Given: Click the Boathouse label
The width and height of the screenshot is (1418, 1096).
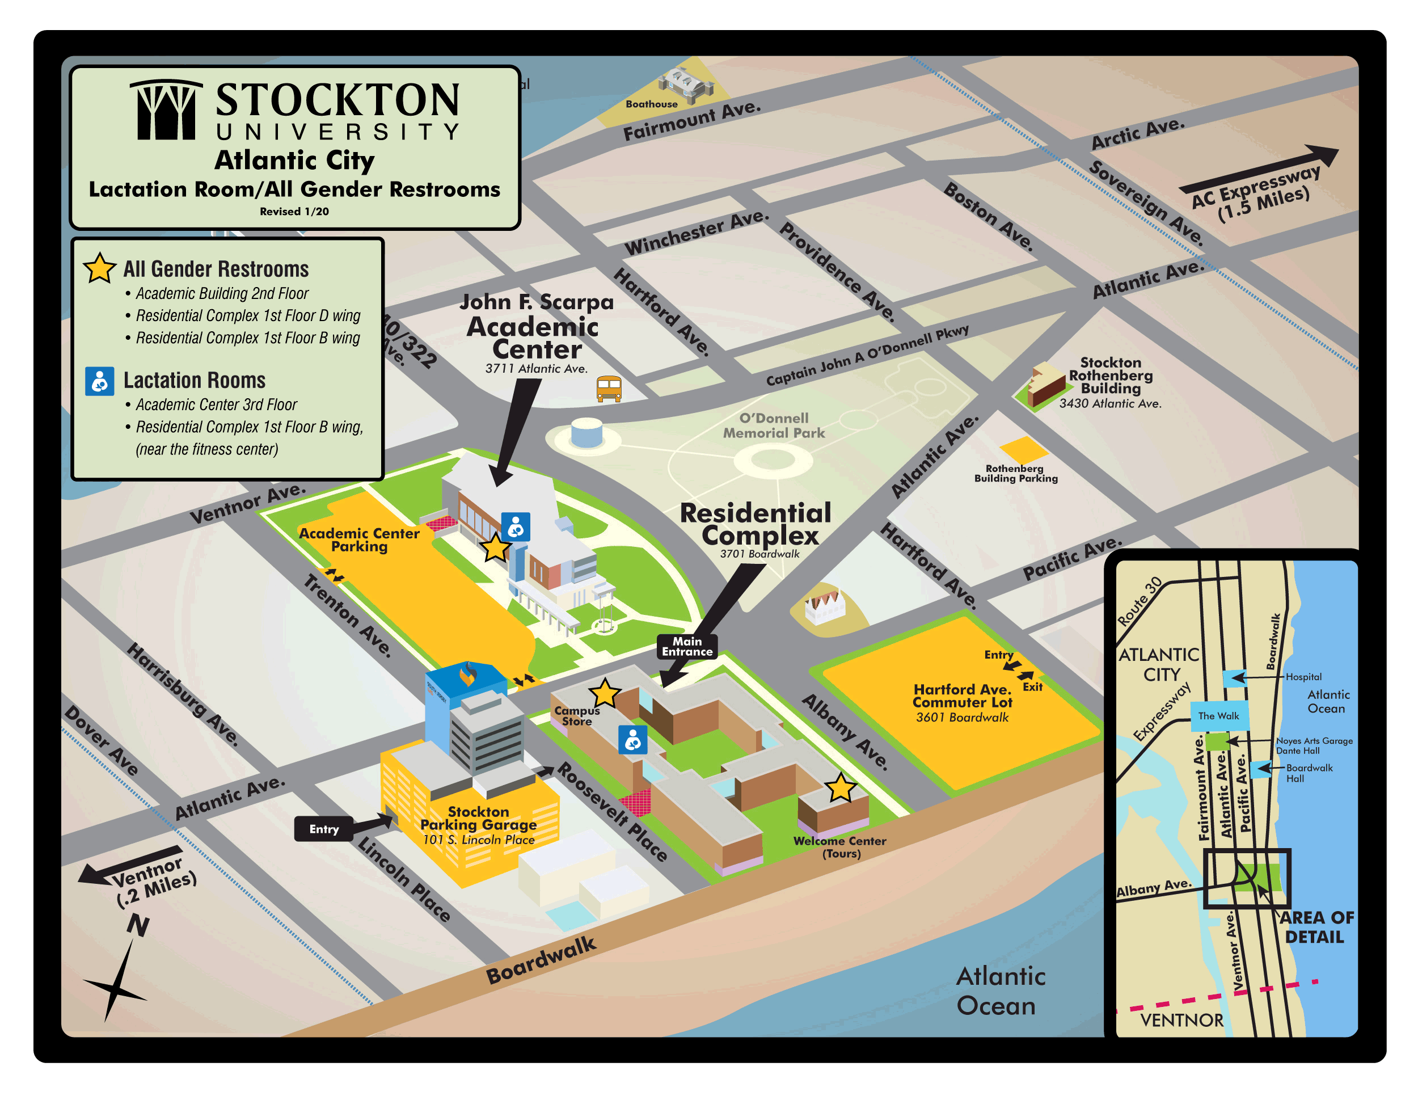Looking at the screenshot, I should [x=651, y=104].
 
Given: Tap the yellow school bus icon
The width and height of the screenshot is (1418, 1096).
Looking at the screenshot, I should [x=609, y=388].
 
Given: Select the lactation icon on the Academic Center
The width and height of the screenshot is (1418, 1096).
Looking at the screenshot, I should [x=516, y=526].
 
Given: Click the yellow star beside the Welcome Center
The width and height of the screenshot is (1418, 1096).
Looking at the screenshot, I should [x=841, y=787].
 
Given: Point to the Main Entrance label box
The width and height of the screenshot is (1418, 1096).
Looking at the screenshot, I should [x=687, y=647].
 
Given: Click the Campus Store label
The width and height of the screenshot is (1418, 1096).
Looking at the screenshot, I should [x=576, y=715].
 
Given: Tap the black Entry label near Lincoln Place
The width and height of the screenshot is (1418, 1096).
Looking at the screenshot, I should [x=324, y=829].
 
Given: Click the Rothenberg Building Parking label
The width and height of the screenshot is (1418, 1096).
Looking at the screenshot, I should [x=1015, y=473].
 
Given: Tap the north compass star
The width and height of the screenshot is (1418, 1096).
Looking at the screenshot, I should [x=116, y=988].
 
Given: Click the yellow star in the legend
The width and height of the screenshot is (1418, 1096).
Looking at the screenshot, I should [x=99, y=268].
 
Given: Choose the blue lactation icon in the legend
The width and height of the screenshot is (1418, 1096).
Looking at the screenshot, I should [x=99, y=381].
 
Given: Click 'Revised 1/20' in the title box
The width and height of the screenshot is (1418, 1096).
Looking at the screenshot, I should [x=294, y=212].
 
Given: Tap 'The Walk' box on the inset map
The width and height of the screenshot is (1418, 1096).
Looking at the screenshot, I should [x=1219, y=716].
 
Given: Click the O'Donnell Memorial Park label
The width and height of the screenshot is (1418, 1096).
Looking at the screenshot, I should [x=773, y=426].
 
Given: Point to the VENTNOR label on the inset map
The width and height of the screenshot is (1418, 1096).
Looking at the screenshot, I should [x=1181, y=1020].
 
